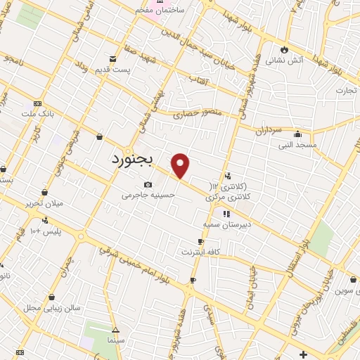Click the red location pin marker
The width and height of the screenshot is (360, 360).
click(181, 165)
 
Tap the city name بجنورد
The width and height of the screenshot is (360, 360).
click(136, 159)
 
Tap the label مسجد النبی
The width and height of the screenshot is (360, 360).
click(297, 145)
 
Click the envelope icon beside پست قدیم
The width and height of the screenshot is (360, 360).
click(112, 58)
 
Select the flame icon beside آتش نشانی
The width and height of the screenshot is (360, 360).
click(284, 50)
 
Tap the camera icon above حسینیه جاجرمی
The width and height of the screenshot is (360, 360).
click(148, 184)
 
